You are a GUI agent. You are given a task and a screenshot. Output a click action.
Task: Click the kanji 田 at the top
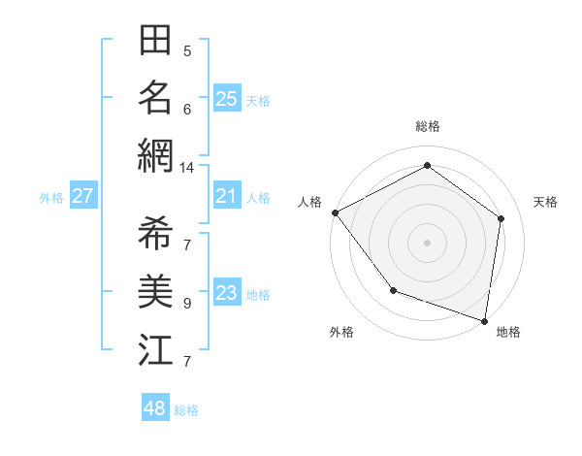pos(155,41)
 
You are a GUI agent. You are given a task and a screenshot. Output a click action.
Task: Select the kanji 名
pos(155,97)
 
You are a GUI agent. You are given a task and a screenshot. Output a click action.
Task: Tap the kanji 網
pos(155,154)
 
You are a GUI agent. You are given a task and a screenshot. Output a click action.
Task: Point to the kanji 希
pos(155,234)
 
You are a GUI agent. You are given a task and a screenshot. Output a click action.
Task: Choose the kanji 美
pos(155,291)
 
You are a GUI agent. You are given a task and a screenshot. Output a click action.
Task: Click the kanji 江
pos(155,349)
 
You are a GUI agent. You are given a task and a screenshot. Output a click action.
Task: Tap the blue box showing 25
pos(227,98)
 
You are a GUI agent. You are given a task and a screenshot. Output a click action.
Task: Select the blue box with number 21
pos(227,196)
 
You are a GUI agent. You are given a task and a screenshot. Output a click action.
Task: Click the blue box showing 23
pos(227,293)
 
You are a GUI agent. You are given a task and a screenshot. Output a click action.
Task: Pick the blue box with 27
pos(82,196)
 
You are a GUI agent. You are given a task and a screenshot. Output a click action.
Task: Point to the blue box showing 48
pos(155,408)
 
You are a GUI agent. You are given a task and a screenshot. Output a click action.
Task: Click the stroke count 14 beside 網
pos(186,168)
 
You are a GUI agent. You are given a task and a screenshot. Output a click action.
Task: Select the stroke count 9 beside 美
pos(186,304)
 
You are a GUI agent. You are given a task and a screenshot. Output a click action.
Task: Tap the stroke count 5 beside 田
pos(186,51)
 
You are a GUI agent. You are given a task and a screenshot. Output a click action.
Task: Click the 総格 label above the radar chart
pos(427,126)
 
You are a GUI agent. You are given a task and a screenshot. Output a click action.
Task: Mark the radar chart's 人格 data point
pos(335,212)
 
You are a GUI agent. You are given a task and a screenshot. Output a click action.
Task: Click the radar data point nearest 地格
pos(484,320)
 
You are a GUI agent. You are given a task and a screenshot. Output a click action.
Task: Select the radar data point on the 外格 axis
pos(393,289)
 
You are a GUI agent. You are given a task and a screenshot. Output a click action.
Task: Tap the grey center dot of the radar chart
pos(427,242)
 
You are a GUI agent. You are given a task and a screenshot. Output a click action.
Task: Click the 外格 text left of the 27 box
pos(51,197)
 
